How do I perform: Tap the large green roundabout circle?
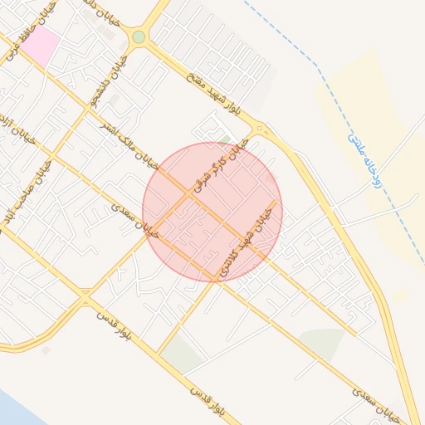coord(139,37)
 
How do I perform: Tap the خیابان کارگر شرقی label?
coord(222,166)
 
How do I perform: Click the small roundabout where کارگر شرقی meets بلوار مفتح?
coord(260,129)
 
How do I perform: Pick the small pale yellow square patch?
coord(400,296)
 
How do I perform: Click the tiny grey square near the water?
coord(46,350)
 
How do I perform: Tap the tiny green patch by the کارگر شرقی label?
coord(225,139)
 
